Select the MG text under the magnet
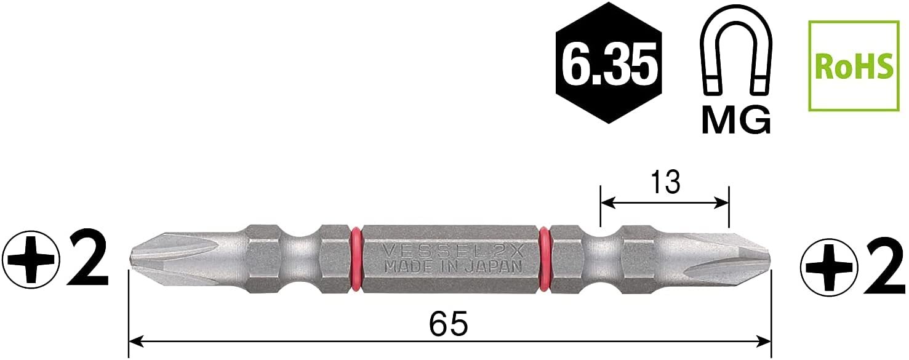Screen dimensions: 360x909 pos(735,121)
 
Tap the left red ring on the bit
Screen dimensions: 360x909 pos(355,258)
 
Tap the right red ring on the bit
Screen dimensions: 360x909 pos(545,258)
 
